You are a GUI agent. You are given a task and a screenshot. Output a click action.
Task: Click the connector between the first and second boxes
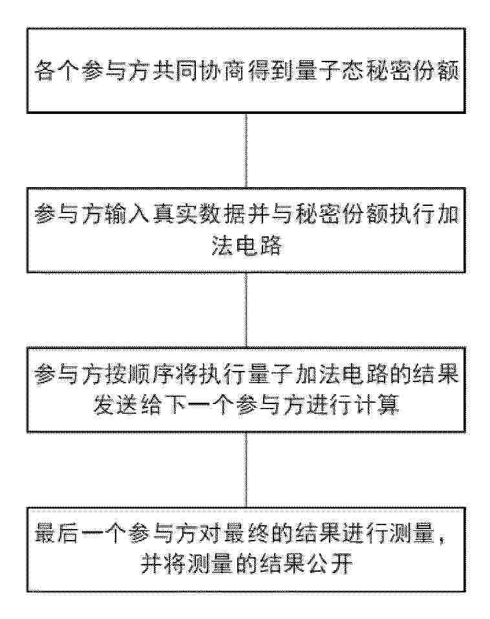tap(246, 150)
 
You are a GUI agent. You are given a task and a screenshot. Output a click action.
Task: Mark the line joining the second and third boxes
tap(246, 310)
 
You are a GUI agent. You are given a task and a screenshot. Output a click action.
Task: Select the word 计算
tap(376, 405)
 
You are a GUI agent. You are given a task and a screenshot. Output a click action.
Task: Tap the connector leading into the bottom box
tap(246, 470)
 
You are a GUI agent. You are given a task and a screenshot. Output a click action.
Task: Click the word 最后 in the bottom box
tap(57, 534)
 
